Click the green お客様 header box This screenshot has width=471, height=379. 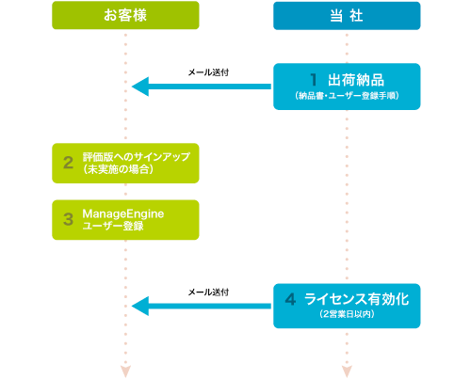pyautogui.click(x=125, y=16)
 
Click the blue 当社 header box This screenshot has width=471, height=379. pyautogui.click(x=347, y=16)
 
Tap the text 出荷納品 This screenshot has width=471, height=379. pyautogui.click(x=354, y=80)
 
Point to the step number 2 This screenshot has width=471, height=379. pyautogui.click(x=68, y=162)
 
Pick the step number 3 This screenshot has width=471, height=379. pyautogui.click(x=68, y=218)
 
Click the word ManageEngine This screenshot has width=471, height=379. pyautogui.click(x=123, y=213)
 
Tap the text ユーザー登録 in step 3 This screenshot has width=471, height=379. pyautogui.click(x=113, y=226)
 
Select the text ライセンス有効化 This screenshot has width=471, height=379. pyautogui.click(x=357, y=299)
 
